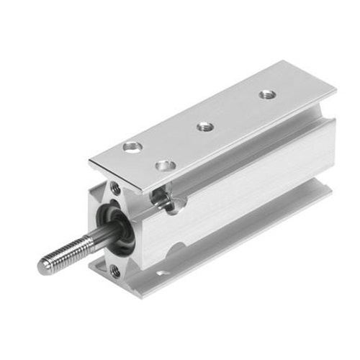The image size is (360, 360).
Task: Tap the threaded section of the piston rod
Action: click(x=65, y=253)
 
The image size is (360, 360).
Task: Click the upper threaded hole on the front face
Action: click(x=115, y=188)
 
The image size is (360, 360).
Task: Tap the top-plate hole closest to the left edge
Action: click(x=132, y=147)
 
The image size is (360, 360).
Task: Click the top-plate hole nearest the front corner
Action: click(x=166, y=166)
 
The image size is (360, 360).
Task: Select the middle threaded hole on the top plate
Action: click(x=205, y=127)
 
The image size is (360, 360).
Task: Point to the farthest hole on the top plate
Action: click(x=267, y=94)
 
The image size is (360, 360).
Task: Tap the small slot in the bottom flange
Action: click(x=164, y=273)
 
